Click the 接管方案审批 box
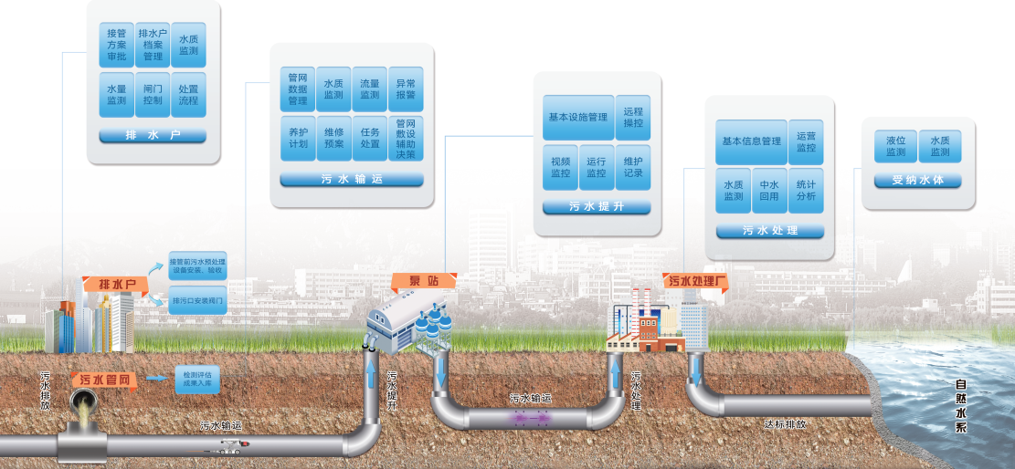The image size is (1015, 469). tap(116, 44)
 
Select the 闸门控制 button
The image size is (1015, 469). tap(153, 95)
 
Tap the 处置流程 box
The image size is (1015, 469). tap(189, 95)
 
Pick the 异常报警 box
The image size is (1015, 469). tap(406, 89)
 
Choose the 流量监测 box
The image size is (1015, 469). tap(369, 89)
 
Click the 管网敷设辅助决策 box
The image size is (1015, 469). tap(406, 139)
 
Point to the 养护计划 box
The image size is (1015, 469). tap(298, 138)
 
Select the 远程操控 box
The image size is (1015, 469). tap(633, 117)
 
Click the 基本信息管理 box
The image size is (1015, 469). tap(751, 141)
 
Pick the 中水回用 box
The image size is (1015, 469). tap(769, 190)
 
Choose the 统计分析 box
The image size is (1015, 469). tap(806, 190)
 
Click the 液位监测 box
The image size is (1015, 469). tap(894, 146)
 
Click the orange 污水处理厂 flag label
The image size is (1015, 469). tap(697, 281)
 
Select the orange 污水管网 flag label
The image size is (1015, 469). tap(108, 380)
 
